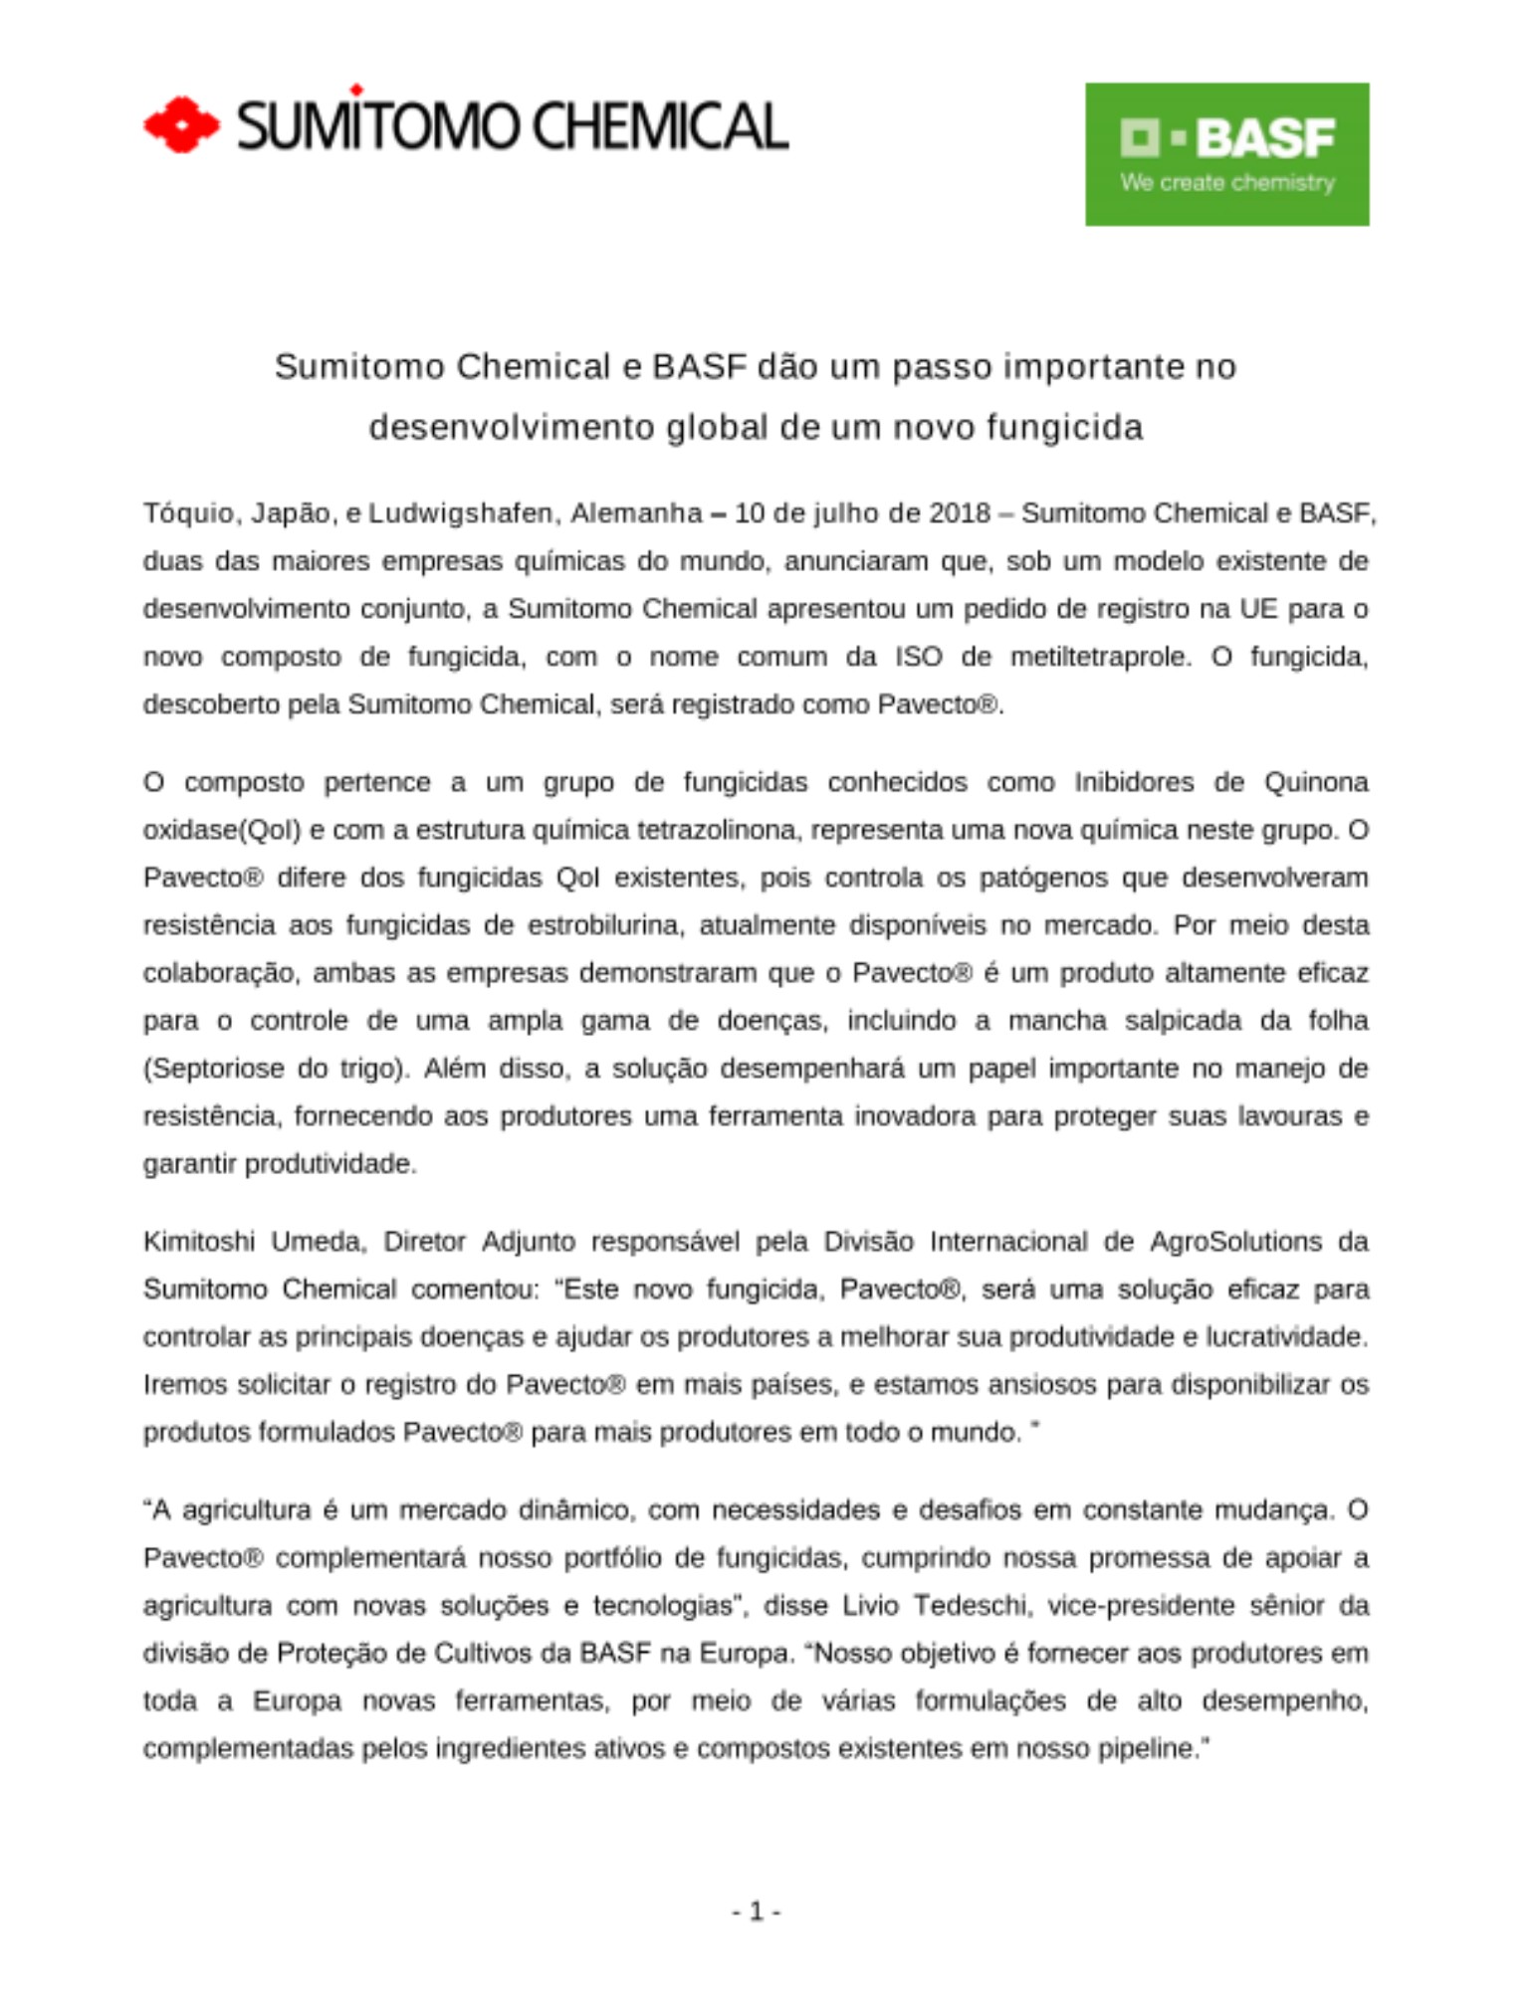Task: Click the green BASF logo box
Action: (x=1226, y=154)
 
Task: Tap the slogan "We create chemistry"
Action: (x=1226, y=183)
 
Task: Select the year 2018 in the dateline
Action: (x=960, y=513)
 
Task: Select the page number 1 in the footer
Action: (x=756, y=1911)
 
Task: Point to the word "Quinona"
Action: (x=1316, y=782)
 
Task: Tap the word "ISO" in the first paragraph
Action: (x=918, y=657)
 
